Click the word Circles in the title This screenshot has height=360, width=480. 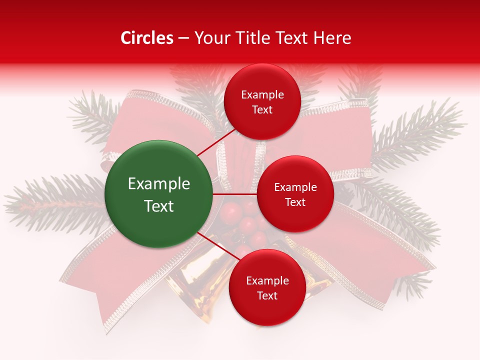146,38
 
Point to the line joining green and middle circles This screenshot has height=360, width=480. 235,194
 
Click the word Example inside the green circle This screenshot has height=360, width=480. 159,184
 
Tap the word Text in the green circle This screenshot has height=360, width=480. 159,205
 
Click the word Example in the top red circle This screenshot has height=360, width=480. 262,95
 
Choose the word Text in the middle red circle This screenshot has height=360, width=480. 295,202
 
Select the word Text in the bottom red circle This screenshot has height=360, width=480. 267,295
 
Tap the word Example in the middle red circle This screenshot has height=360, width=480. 295,187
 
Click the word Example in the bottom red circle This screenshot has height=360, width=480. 267,280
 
